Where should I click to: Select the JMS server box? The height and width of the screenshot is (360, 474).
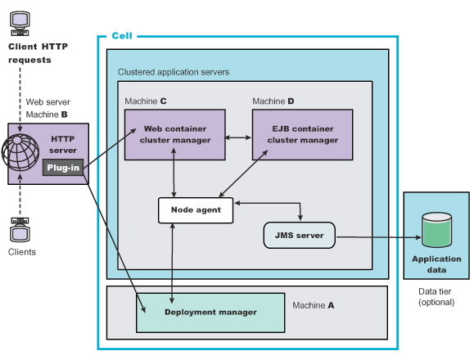pyautogui.click(x=300, y=236)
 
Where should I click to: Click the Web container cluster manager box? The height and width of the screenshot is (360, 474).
pyautogui.click(x=175, y=134)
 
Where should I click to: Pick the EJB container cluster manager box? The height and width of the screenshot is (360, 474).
pyautogui.click(x=302, y=134)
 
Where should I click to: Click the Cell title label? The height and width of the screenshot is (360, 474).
pyautogui.click(x=121, y=36)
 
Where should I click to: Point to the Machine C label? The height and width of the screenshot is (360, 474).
pyautogui.click(x=146, y=101)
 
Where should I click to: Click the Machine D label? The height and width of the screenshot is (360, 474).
pyautogui.click(x=273, y=101)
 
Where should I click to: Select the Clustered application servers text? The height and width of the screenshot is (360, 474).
pyautogui.click(x=174, y=72)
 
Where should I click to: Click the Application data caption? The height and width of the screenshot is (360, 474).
pyautogui.click(x=436, y=263)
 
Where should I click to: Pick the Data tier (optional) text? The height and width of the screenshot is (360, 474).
pyautogui.click(x=436, y=297)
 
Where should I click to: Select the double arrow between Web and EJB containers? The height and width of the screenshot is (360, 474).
pyautogui.click(x=238, y=135)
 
